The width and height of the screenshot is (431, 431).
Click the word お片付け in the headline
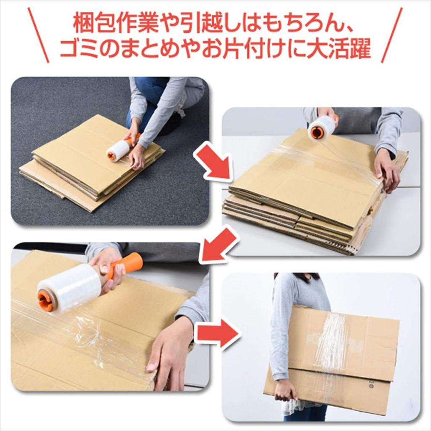[244, 50]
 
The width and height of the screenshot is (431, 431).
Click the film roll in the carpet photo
[118, 150]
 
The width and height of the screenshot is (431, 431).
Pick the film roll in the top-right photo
[322, 128]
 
